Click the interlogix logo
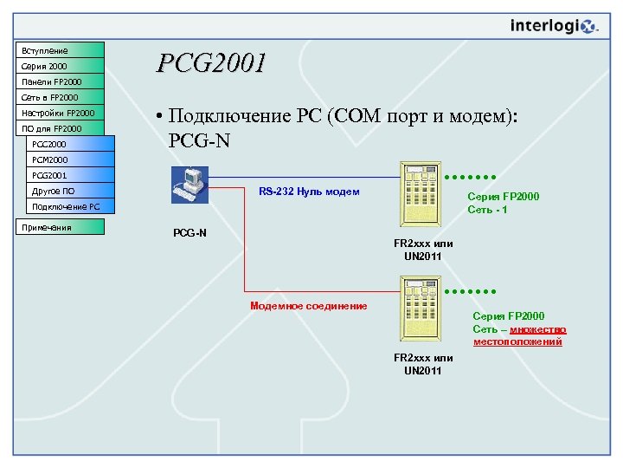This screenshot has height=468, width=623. click(x=553, y=26)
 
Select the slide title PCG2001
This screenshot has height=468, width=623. click(x=211, y=63)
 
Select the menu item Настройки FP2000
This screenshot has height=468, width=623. click(x=59, y=113)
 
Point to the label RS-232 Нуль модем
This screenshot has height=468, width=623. click(x=309, y=192)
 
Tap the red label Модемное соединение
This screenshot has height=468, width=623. click(x=308, y=306)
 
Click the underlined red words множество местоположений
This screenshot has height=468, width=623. click(x=519, y=335)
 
